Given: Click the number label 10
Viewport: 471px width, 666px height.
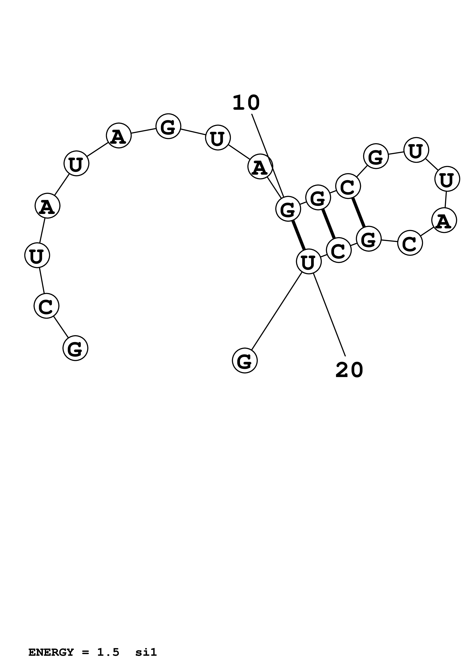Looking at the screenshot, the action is click(x=246, y=103).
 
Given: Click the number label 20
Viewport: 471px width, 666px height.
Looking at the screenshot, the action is click(x=349, y=370).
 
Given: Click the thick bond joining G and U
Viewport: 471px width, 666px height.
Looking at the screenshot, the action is click(x=298, y=235).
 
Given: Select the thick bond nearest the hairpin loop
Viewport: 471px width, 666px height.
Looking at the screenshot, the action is click(x=358, y=212).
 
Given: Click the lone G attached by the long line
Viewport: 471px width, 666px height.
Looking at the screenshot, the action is click(x=245, y=361).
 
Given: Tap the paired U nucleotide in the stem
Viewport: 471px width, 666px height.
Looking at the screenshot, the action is click(x=309, y=261).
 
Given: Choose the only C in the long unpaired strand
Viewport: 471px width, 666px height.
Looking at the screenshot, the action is click(x=46, y=306).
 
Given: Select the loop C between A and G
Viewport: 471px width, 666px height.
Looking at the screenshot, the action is click(x=410, y=243).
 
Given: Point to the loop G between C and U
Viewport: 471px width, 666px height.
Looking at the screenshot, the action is click(x=376, y=156).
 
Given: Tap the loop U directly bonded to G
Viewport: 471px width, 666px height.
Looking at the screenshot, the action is click(x=416, y=150).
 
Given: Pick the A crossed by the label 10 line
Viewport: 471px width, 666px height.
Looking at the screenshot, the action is click(x=260, y=166).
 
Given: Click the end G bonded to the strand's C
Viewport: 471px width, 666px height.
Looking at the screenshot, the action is click(x=75, y=348).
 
